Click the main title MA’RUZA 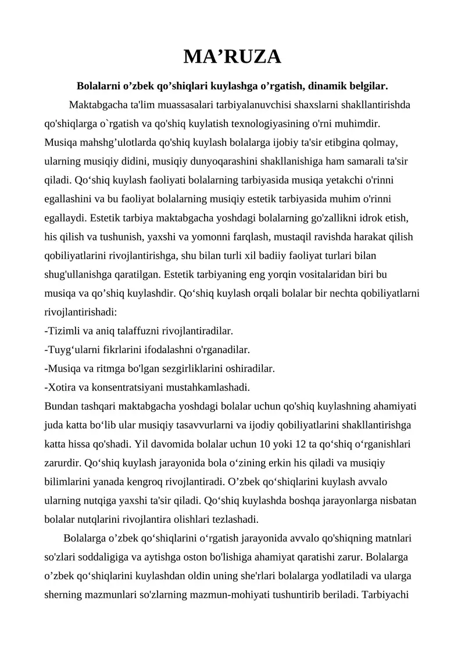pyautogui.click(x=232, y=57)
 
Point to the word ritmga pyautogui.click(x=121, y=368)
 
